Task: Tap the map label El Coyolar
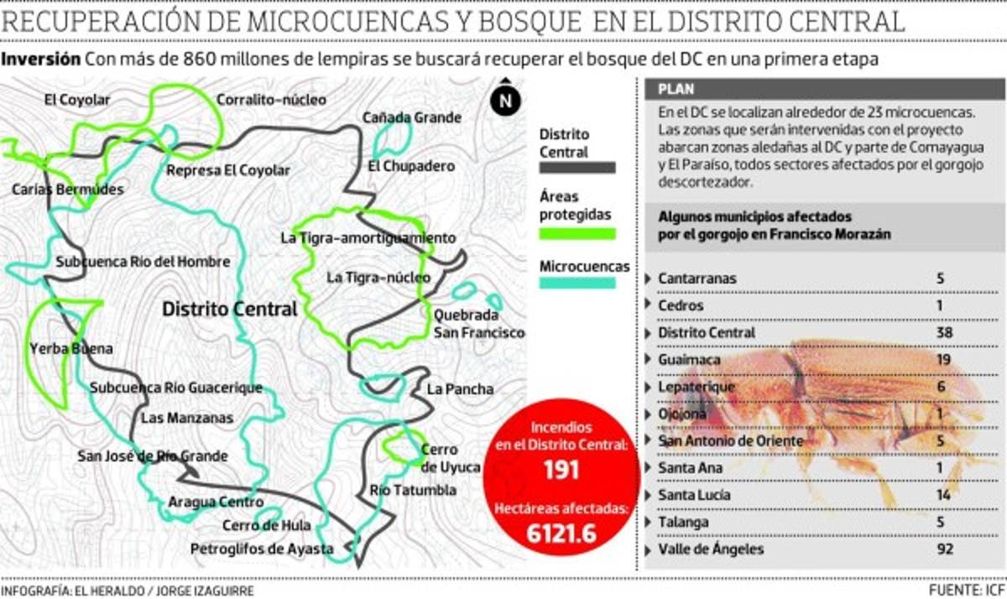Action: (x=77, y=100)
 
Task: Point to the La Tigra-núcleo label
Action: (x=378, y=277)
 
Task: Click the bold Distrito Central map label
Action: (x=230, y=309)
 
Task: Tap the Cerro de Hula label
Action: (x=266, y=526)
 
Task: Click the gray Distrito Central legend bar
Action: (x=577, y=168)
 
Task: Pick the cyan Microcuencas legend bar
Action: (x=577, y=284)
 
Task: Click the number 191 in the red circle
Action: (x=561, y=470)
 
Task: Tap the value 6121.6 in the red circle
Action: (x=561, y=533)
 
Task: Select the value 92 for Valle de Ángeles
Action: (x=944, y=550)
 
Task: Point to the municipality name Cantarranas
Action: (x=698, y=279)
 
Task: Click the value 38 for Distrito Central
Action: (x=944, y=333)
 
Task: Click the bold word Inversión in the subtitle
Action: (x=41, y=60)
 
